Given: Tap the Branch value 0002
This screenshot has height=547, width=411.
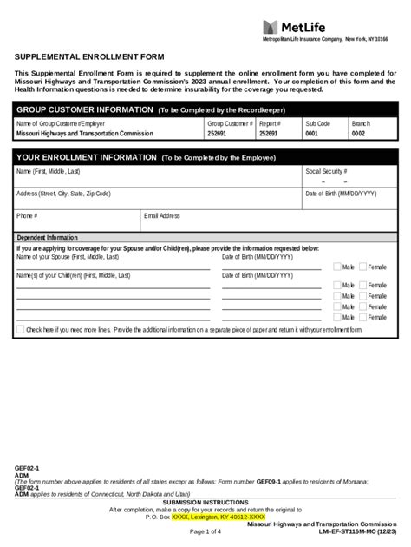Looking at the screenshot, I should click(x=358, y=135).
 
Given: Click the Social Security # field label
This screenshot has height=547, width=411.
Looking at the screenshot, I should click(x=326, y=172).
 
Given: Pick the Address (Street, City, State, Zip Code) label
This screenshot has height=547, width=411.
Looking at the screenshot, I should click(x=63, y=194).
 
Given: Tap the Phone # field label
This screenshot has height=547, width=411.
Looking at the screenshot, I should click(x=27, y=215).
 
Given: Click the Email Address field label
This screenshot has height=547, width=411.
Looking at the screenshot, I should click(x=162, y=215).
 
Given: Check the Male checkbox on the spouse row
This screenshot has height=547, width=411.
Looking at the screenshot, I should click(x=338, y=267).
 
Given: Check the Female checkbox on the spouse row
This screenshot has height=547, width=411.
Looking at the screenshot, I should click(x=363, y=267).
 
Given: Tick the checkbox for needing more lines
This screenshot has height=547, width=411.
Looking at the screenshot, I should click(x=21, y=330).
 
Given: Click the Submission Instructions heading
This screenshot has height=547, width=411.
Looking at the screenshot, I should click(x=205, y=503).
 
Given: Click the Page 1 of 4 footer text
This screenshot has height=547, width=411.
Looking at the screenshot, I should click(x=205, y=531).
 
